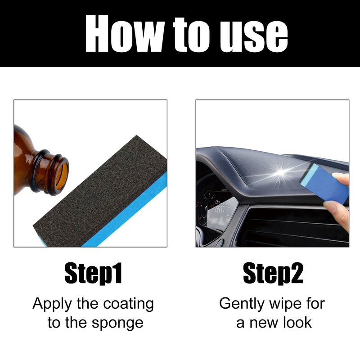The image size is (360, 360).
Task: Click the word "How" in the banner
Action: click(125, 33)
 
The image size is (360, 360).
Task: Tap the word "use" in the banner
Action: click(254, 36)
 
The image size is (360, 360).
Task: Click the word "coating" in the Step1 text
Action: click(128, 304)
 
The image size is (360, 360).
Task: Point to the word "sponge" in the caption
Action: click(117, 324)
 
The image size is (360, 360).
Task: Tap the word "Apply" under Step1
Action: click(52, 304)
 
